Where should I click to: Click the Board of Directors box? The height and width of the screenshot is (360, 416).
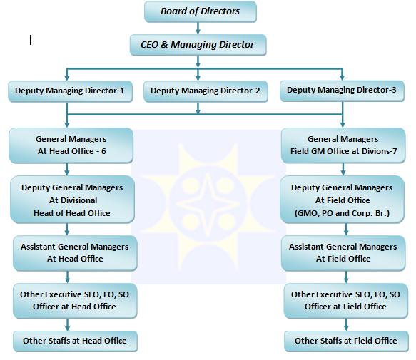201,11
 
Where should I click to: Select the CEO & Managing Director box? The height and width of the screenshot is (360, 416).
198,45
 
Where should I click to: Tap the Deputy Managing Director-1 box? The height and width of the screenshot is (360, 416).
70,91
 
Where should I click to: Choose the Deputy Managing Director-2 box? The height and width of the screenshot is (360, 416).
206,91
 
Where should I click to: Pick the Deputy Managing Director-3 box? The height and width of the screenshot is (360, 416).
342,91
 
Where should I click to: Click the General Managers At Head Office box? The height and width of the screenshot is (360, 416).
71,145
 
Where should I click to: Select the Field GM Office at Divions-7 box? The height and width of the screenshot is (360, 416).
343,145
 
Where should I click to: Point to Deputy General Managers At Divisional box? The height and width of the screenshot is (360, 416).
72,200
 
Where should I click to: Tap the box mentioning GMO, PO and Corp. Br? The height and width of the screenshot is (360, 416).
342,200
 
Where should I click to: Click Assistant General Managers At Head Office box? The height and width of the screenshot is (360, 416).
75,253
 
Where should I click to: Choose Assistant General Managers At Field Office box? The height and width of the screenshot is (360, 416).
343,253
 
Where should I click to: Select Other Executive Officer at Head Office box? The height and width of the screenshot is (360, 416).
75,301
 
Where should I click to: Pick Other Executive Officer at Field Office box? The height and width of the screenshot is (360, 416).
345,301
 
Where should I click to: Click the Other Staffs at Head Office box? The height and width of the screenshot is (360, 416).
75,341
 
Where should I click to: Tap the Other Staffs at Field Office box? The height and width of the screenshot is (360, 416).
346,341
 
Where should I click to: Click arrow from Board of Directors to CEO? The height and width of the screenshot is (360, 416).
198,29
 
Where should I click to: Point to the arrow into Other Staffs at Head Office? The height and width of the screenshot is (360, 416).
67,325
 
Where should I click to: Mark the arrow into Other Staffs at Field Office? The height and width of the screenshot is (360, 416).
346,325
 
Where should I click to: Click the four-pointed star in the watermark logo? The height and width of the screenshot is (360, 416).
208,205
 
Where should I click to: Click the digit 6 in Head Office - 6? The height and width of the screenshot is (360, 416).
103,151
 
